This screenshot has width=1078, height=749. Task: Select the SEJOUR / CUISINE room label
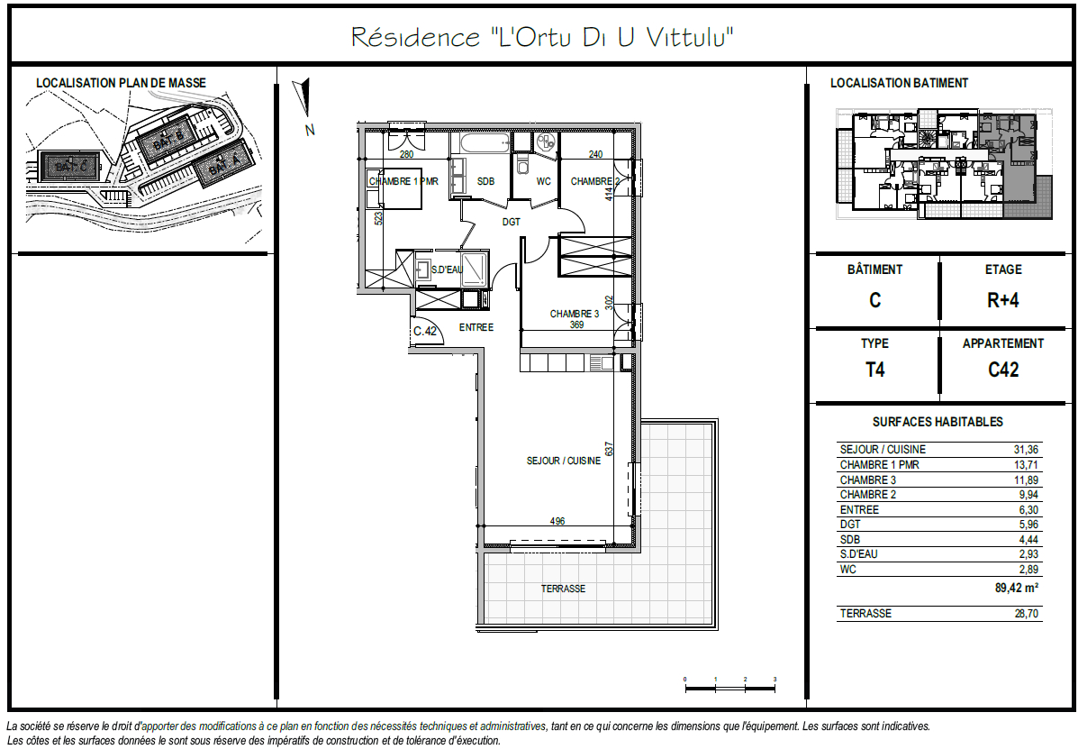(563, 461)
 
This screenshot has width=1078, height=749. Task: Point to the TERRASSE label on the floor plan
(563, 589)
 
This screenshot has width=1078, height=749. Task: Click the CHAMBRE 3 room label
(575, 314)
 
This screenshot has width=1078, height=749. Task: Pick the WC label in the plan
(543, 181)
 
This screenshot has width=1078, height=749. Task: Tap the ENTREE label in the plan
(476, 327)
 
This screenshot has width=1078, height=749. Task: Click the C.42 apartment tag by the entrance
(425, 331)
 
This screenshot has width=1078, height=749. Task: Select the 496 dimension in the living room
(557, 521)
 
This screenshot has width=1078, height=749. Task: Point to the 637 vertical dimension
(610, 448)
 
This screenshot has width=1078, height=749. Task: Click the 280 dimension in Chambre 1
(406, 154)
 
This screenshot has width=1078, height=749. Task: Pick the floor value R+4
(1002, 300)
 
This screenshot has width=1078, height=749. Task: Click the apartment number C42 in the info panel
(1002, 370)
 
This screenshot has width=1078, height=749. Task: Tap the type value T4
(874, 370)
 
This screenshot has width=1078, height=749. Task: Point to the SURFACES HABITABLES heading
(937, 422)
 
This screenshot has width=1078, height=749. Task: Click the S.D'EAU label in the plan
(447, 269)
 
